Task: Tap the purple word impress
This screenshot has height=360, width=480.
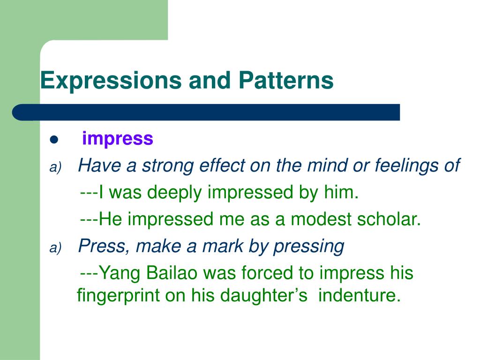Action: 118,139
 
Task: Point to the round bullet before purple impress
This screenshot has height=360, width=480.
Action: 53,140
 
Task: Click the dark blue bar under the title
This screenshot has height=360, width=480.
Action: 206,112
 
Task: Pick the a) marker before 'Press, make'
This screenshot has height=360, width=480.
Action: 55,249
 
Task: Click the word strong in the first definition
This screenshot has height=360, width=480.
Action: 169,165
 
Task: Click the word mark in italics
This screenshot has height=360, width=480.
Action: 246,247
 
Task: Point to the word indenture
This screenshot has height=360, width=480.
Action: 360,296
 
